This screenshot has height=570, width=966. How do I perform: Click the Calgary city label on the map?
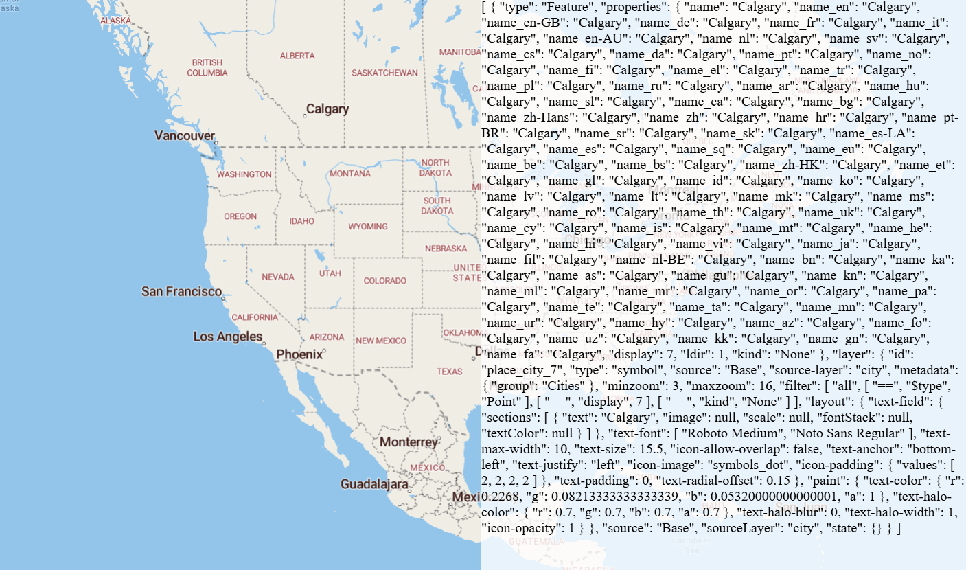(327, 109)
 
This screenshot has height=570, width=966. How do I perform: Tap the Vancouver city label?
(184, 136)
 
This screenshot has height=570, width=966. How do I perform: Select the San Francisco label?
(181, 291)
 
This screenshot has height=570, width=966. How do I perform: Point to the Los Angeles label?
(227, 337)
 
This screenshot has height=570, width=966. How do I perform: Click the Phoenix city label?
(299, 354)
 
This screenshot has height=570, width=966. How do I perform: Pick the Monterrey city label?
(408, 442)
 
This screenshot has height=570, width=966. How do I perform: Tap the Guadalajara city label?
(375, 484)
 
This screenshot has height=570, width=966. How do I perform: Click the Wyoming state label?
(368, 226)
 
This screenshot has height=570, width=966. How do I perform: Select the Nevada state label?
(277, 277)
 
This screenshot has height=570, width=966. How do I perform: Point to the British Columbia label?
(207, 67)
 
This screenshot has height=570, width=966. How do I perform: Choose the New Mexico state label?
(381, 341)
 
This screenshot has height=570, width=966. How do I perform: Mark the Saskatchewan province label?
(384, 72)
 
